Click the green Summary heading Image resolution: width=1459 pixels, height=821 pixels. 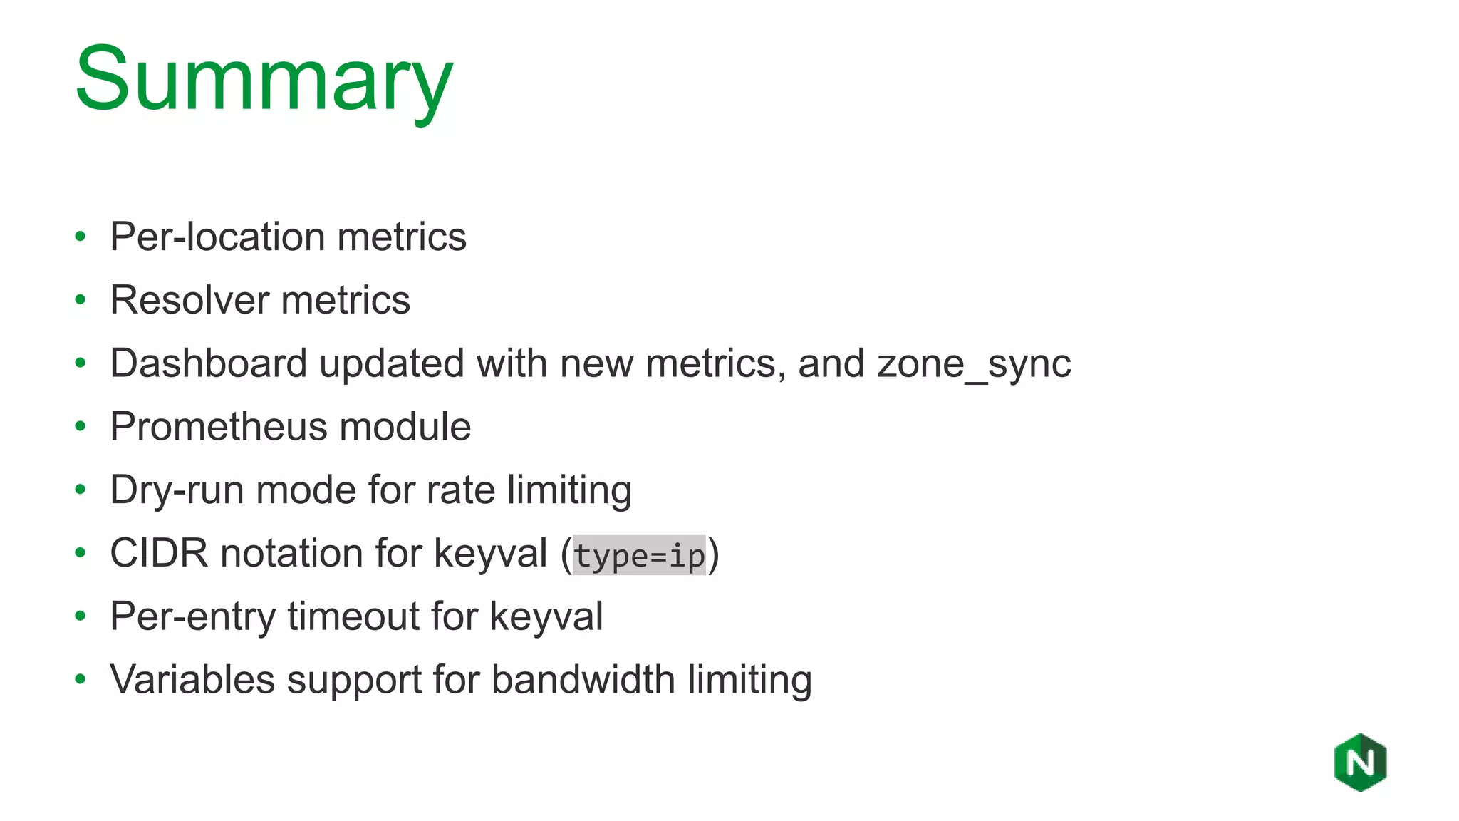pyautogui.click(x=264, y=80)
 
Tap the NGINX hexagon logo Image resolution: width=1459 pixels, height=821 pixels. pyautogui.click(x=1360, y=763)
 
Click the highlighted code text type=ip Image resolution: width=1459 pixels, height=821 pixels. pyautogui.click(x=639, y=555)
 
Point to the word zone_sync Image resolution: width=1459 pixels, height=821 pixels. pyautogui.click(x=974, y=364)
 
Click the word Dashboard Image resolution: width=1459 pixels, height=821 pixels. pyautogui.click(x=208, y=363)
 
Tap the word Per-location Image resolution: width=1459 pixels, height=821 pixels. pyautogui.click(x=217, y=237)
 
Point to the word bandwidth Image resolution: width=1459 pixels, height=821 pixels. pyautogui.click(x=583, y=679)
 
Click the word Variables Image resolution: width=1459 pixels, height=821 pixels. pyautogui.click(x=192, y=679)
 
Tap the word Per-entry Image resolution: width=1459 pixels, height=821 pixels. pyautogui.click(x=192, y=616)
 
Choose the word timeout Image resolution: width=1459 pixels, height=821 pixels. pyautogui.click(x=353, y=616)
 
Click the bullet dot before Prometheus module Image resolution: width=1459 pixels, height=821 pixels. pyautogui.click(x=81, y=427)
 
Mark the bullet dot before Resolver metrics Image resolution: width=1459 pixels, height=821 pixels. pyautogui.click(x=81, y=300)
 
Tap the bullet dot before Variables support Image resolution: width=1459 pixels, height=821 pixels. pyautogui.click(x=81, y=679)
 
